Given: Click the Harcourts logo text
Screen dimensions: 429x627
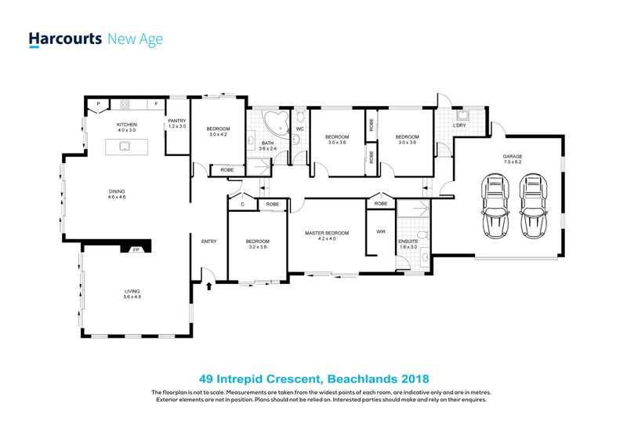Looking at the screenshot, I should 65,38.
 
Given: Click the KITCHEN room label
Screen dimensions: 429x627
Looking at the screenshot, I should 126,125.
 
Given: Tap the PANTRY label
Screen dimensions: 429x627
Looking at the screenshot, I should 176,121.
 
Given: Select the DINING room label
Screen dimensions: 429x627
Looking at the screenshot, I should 117,191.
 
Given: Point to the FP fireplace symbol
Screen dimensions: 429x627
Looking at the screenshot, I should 136,249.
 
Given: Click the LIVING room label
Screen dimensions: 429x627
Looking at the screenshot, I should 132,291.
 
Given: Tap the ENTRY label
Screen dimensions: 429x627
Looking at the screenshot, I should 208,241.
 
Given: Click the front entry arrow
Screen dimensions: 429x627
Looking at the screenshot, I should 208,287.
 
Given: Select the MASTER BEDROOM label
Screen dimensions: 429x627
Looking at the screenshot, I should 326,233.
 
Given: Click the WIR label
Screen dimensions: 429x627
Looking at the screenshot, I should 381,231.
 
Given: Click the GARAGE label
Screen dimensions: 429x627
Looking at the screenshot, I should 513,157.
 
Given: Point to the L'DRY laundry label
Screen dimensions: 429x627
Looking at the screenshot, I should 461,125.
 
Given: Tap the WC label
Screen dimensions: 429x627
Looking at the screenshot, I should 299,129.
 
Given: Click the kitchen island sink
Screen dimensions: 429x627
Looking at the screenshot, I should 125,146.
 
